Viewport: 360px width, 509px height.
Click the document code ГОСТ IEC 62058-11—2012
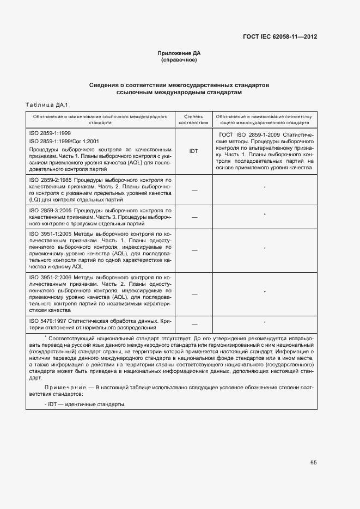coord(280,37)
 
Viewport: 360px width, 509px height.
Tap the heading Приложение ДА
coord(179,53)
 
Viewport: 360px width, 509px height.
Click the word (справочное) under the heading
coord(179,60)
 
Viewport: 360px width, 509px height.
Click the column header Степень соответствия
coord(193,120)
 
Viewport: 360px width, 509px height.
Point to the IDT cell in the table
coord(193,151)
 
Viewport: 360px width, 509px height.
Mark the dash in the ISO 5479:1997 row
coord(193,324)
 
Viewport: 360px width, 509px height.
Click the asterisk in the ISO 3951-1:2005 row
coord(265,248)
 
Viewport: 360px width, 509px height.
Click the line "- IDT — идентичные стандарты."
coord(86,404)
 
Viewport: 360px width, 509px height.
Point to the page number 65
coord(313,463)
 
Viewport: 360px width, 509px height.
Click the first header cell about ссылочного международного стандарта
coord(100,120)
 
